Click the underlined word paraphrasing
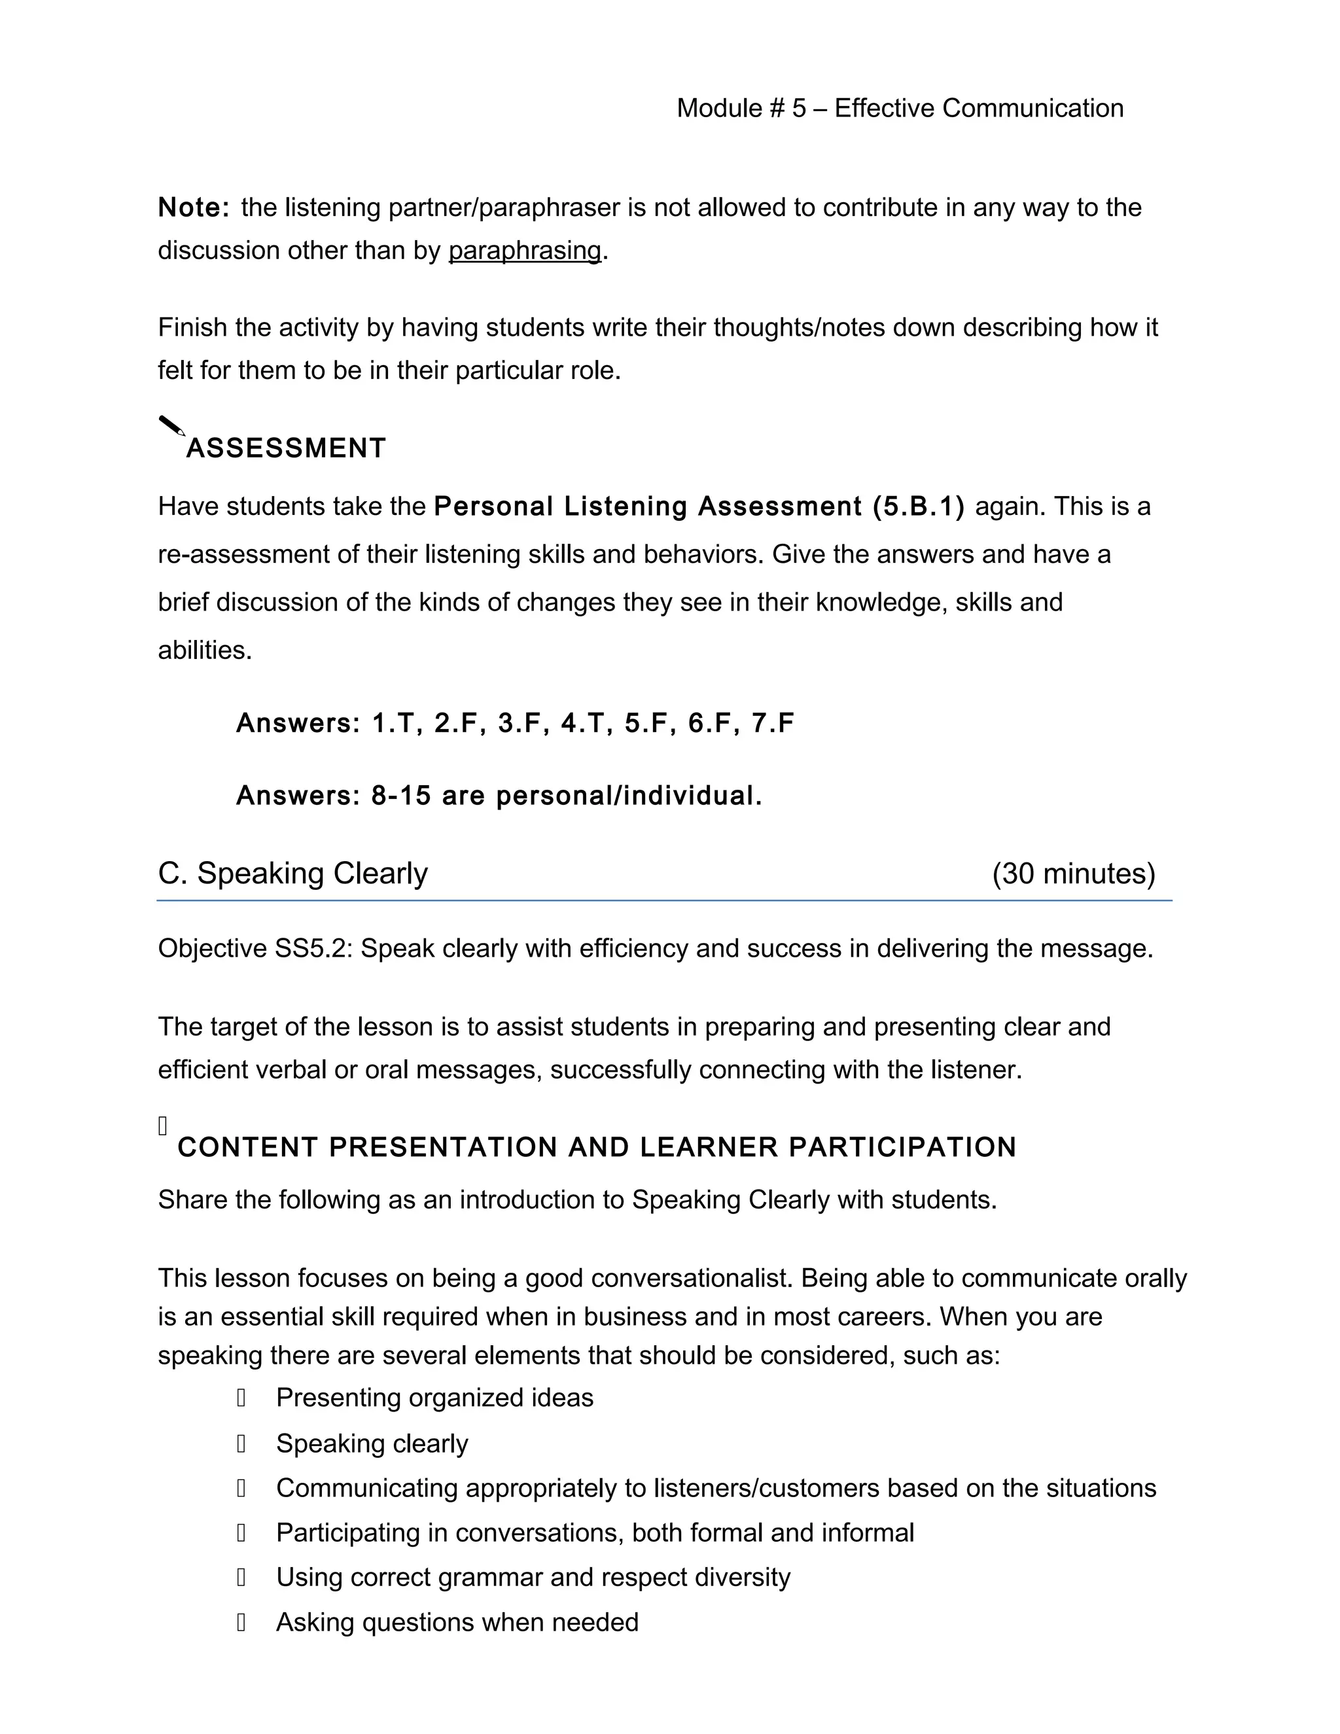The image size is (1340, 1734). (x=525, y=250)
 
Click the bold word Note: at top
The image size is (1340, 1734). (x=194, y=207)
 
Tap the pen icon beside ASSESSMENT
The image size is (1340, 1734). (x=171, y=427)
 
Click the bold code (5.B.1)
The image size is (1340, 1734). (x=918, y=506)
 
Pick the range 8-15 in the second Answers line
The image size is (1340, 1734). (x=401, y=795)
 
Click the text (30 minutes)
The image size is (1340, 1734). (x=1073, y=874)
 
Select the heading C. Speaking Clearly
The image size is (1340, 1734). (x=293, y=874)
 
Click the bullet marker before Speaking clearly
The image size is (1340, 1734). (x=241, y=1443)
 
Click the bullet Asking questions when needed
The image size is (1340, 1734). (x=457, y=1621)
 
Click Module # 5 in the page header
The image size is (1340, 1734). (x=741, y=108)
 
